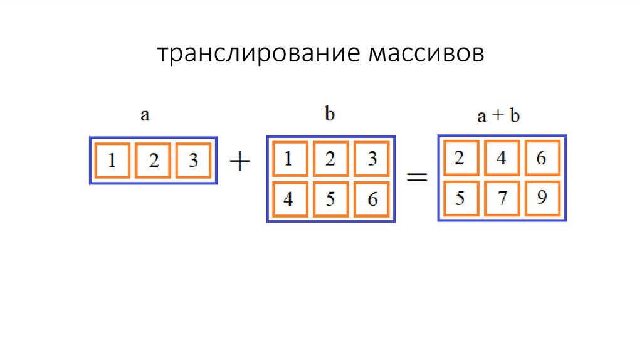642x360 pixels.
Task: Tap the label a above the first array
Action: click(x=145, y=116)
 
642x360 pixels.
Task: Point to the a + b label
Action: click(x=498, y=117)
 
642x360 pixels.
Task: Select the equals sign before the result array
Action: click(x=417, y=178)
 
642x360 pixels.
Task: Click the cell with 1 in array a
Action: click(x=112, y=161)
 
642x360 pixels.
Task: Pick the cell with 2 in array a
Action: click(x=153, y=161)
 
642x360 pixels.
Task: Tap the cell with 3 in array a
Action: click(x=194, y=161)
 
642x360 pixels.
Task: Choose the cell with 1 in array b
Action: click(x=289, y=159)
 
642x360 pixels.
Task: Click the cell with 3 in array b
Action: click(x=372, y=159)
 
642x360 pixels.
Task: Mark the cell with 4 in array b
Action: click(x=289, y=199)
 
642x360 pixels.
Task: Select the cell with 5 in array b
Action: click(x=331, y=199)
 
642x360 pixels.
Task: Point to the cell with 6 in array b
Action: click(x=372, y=199)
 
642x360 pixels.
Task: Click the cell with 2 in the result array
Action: click(x=460, y=157)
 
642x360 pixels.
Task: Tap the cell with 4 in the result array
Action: click(x=501, y=157)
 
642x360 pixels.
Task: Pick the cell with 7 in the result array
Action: click(x=501, y=199)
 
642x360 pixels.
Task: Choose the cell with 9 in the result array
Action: click(x=543, y=199)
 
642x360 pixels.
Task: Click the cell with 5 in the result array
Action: click(x=460, y=199)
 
